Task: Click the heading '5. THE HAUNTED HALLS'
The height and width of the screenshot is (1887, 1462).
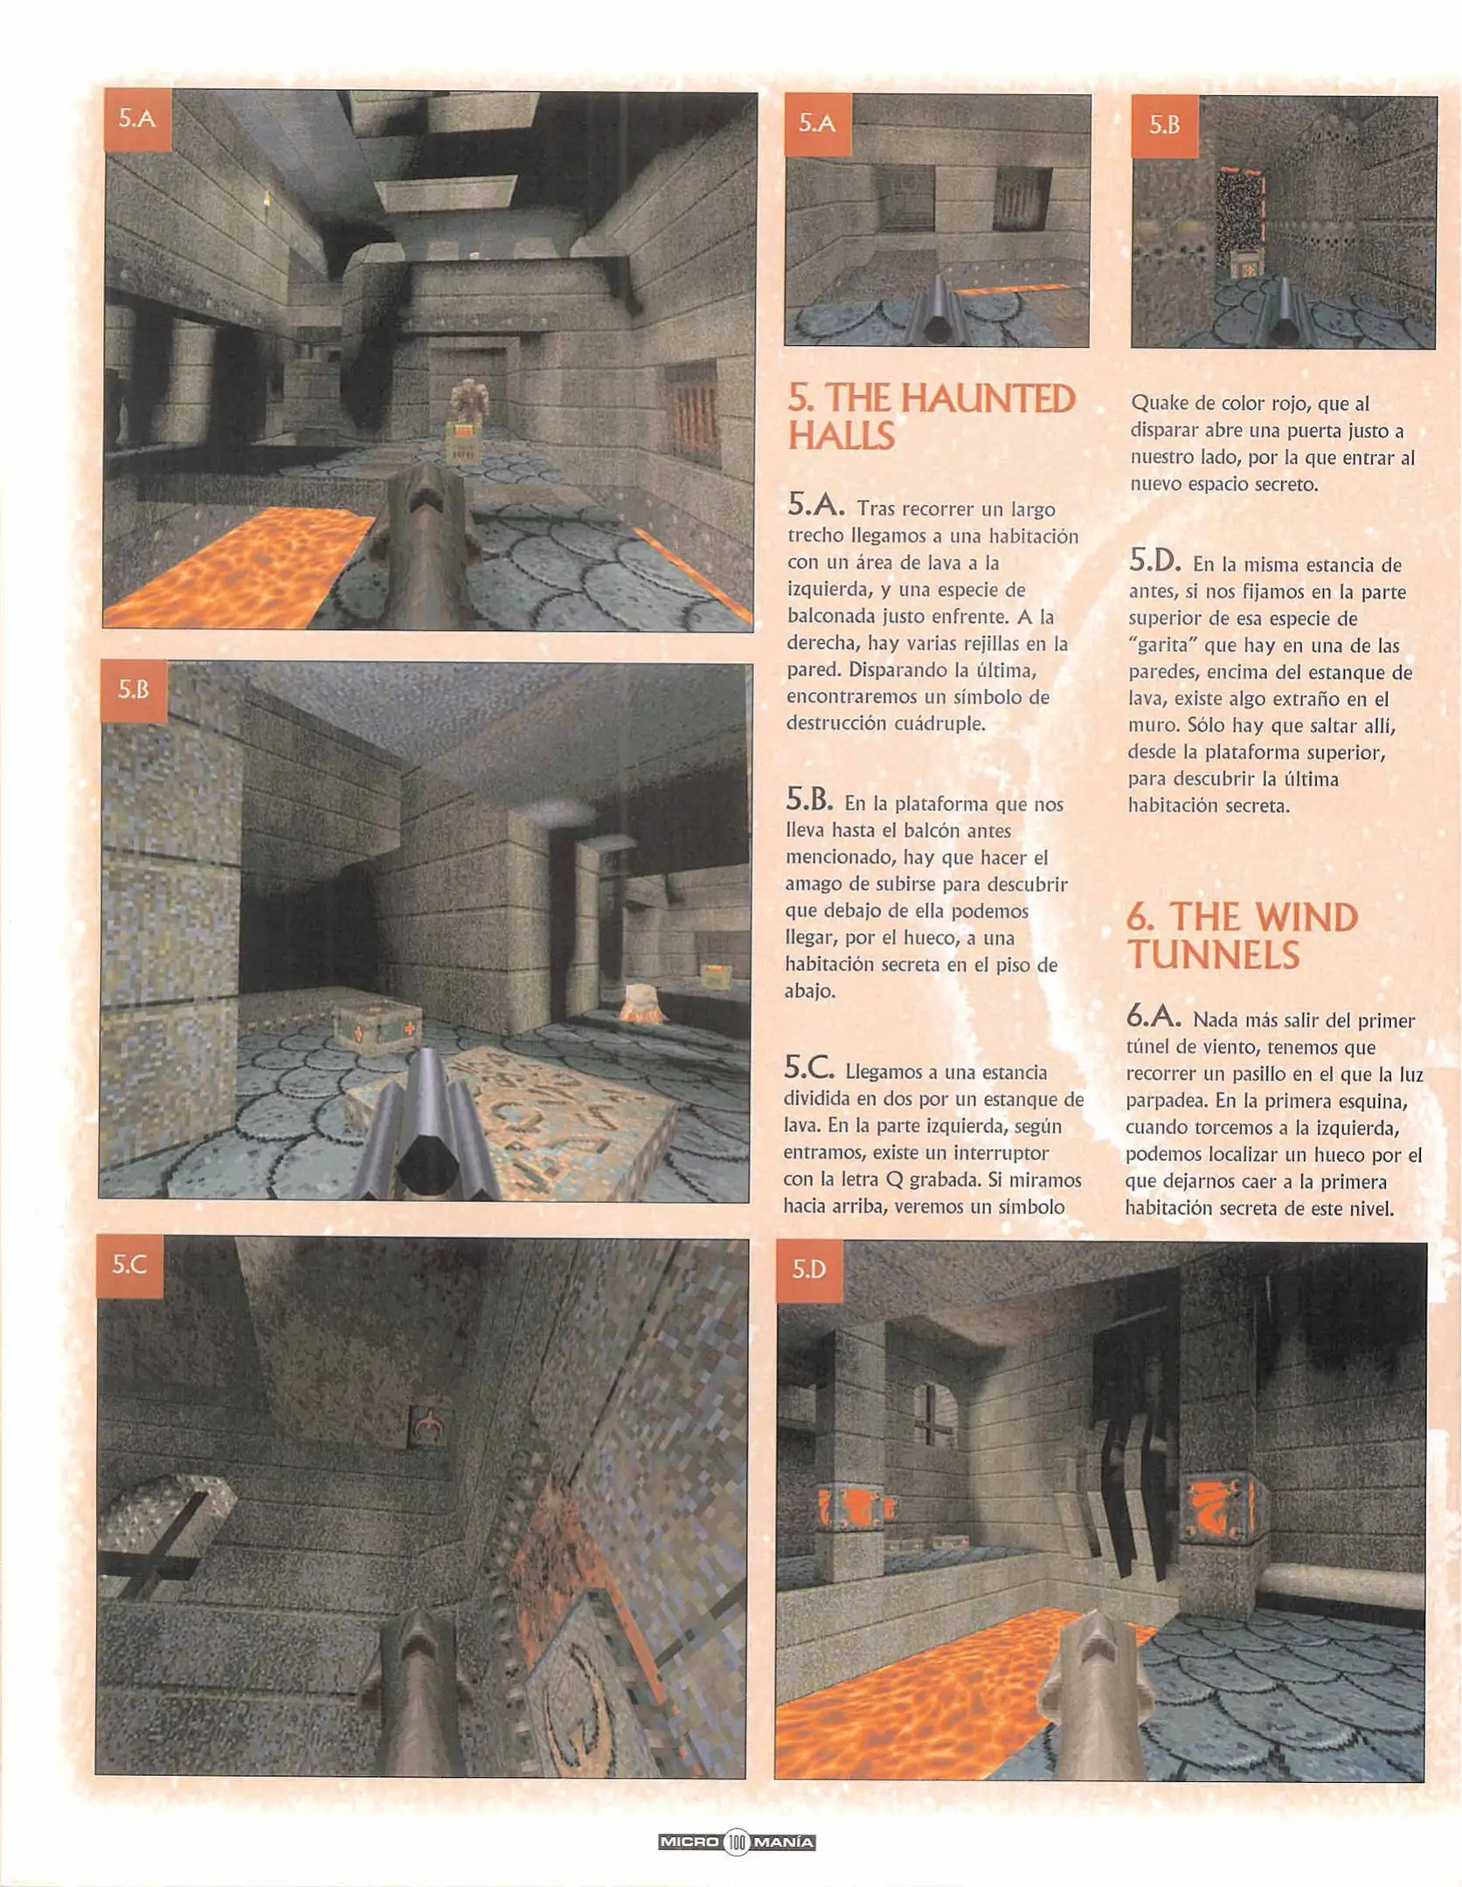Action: (930, 417)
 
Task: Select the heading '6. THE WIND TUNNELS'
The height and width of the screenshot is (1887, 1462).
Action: (1241, 936)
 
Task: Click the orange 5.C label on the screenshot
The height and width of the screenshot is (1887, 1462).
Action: (129, 1265)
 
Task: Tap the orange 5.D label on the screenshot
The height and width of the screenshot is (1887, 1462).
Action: (808, 1268)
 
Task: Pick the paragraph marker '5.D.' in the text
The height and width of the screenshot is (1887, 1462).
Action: (1154, 560)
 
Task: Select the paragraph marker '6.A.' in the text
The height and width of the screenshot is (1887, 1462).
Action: (1154, 1016)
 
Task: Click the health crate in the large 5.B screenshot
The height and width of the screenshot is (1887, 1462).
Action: (377, 1026)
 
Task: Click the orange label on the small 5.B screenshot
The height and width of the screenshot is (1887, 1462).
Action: (1164, 126)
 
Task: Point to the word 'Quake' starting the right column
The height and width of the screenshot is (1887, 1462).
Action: (1157, 404)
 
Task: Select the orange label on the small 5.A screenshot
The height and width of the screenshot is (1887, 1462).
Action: (817, 124)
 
